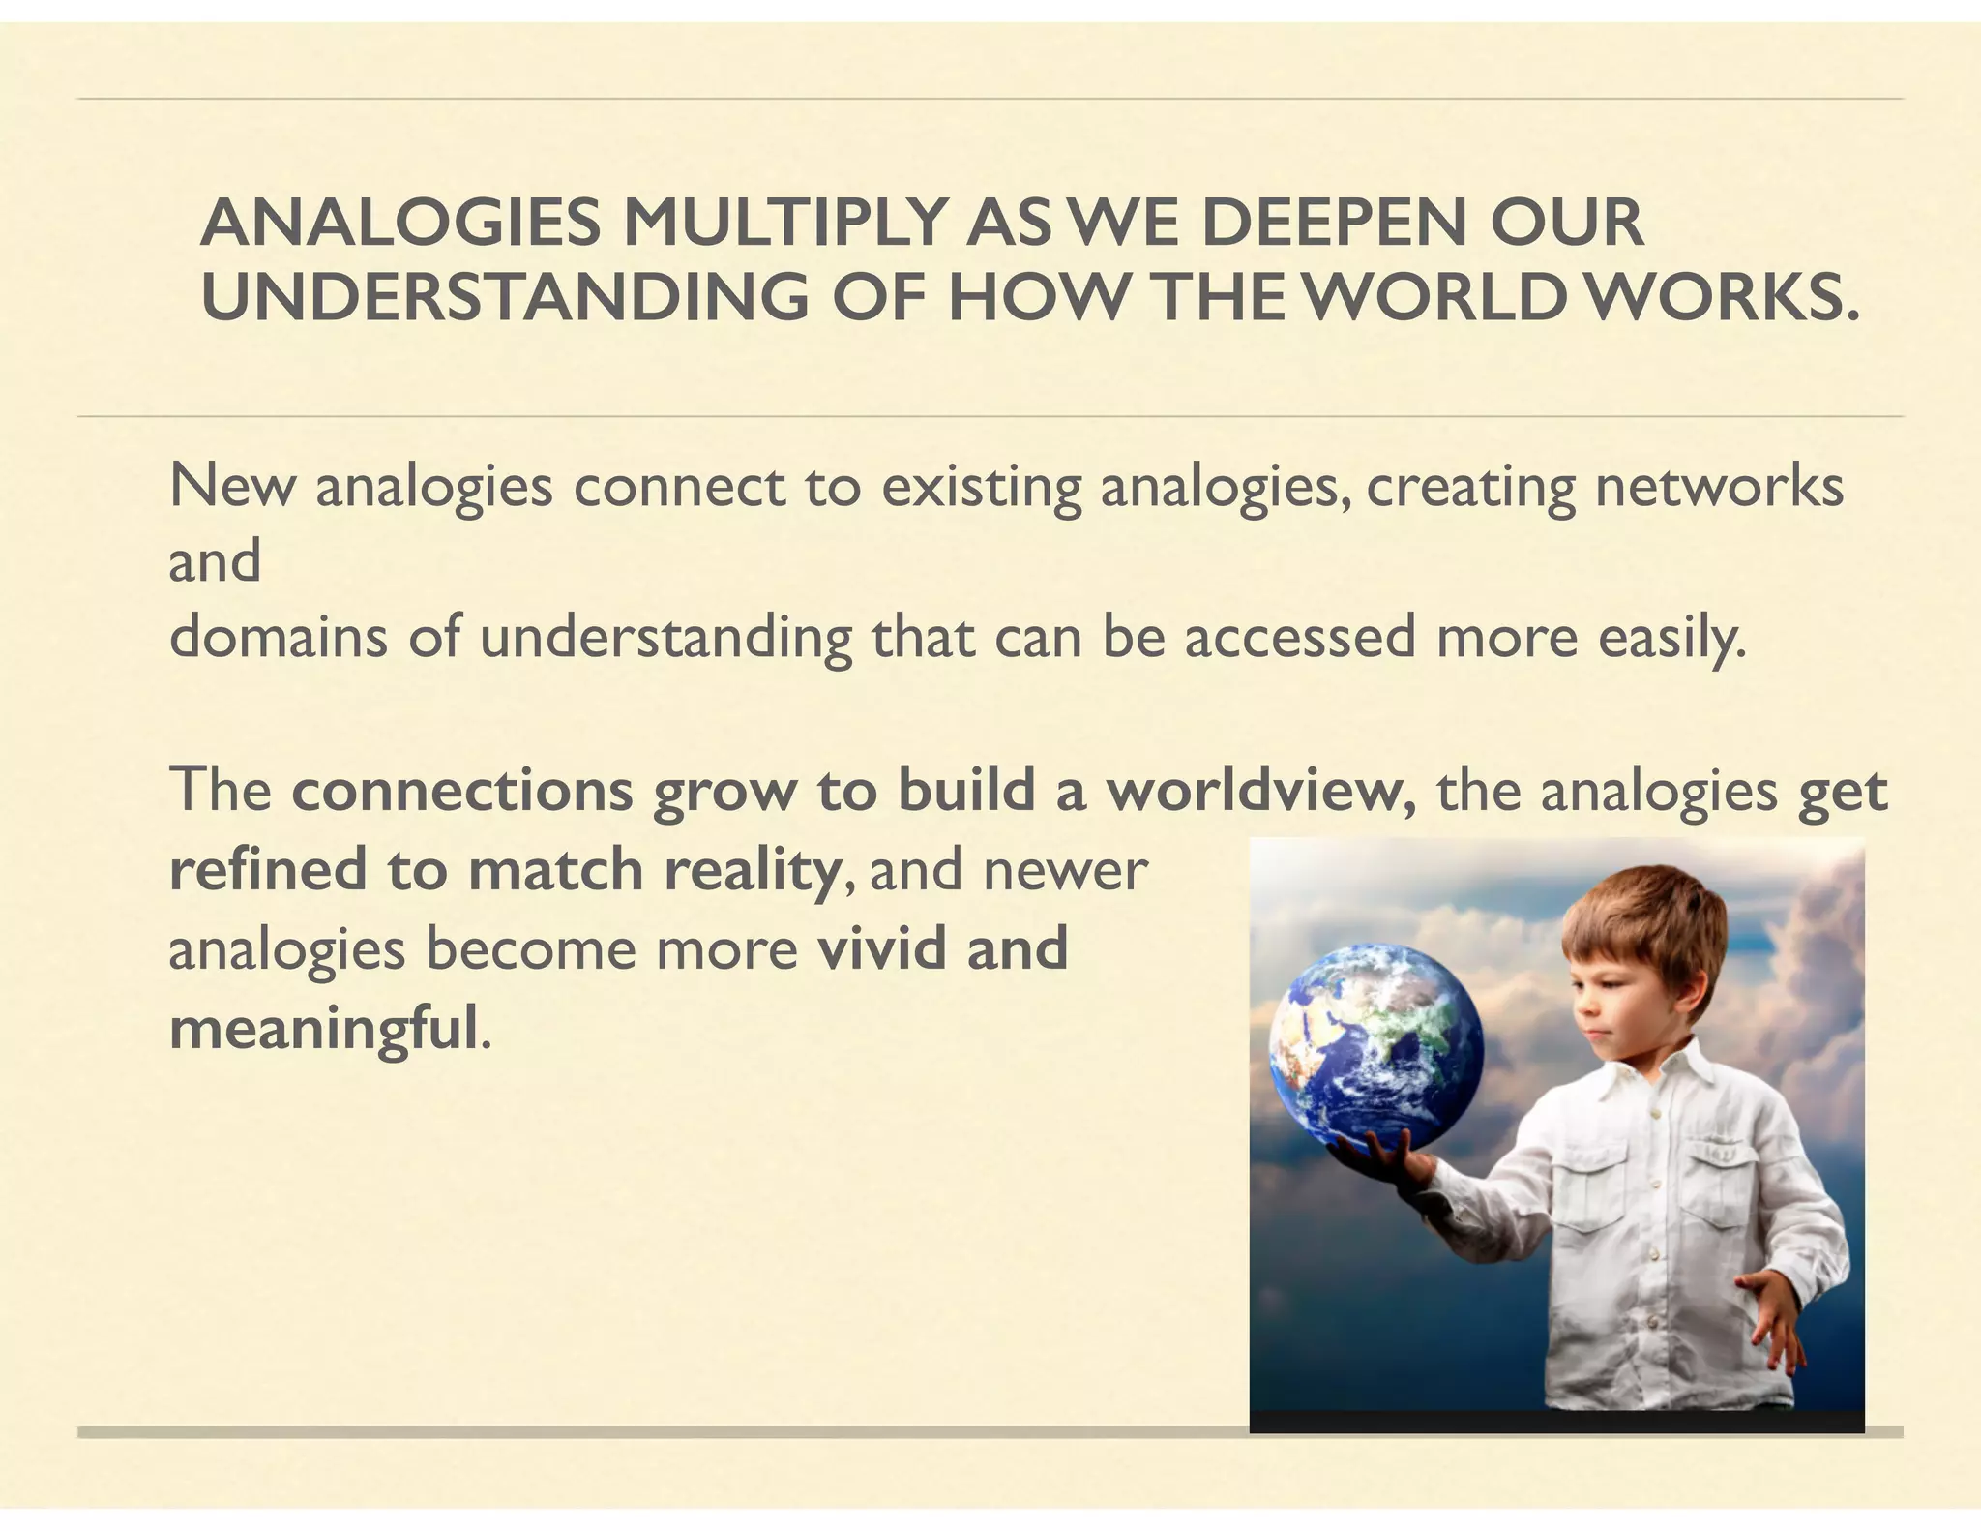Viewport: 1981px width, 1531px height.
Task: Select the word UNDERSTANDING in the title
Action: coord(504,297)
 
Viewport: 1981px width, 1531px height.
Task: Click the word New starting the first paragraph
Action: coord(232,486)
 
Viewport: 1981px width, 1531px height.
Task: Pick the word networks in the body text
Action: coord(1719,486)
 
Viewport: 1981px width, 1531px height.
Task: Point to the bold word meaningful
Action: coord(324,1029)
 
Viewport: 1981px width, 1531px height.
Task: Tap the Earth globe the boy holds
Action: coord(1375,1044)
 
